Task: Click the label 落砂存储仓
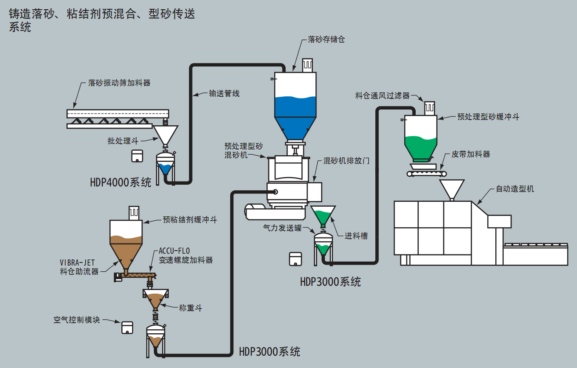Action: click(x=327, y=40)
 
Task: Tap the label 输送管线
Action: click(x=224, y=93)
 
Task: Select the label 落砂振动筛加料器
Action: click(x=119, y=83)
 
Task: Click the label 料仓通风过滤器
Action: click(x=382, y=95)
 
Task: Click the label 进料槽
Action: click(x=356, y=236)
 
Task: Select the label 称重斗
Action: click(x=191, y=308)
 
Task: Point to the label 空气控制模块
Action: click(x=77, y=320)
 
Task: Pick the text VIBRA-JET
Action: click(x=77, y=263)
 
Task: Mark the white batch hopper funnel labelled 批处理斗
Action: click(x=165, y=134)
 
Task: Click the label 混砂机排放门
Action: click(x=346, y=161)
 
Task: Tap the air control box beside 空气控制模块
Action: click(x=127, y=327)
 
